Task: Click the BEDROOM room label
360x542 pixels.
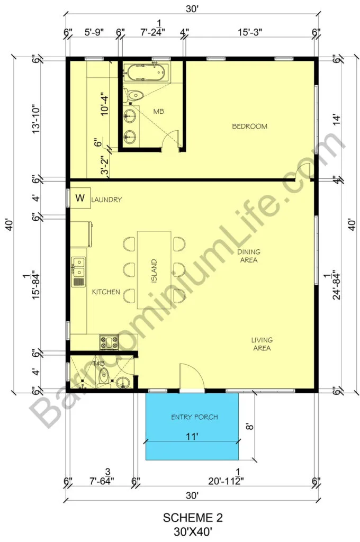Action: click(249, 127)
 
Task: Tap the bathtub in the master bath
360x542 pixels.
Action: click(147, 73)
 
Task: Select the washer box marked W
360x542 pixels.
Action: click(80, 198)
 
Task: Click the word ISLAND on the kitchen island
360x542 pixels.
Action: click(154, 270)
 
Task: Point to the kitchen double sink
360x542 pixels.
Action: click(78, 272)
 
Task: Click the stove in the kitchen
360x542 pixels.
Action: click(109, 342)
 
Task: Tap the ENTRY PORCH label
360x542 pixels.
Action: click(194, 417)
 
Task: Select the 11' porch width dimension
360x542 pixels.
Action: click(192, 437)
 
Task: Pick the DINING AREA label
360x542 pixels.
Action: click(249, 256)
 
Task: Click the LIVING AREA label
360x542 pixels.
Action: click(262, 344)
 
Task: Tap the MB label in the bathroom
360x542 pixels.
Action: click(159, 111)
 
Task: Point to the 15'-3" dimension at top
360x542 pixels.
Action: click(250, 32)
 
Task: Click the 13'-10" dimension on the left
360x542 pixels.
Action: click(35, 119)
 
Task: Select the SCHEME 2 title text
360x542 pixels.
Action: click(193, 518)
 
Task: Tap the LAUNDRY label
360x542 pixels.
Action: click(106, 200)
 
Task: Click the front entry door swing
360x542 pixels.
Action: click(192, 377)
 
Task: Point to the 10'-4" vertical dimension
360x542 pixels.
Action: click(105, 104)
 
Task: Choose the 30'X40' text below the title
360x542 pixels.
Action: click(193, 531)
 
